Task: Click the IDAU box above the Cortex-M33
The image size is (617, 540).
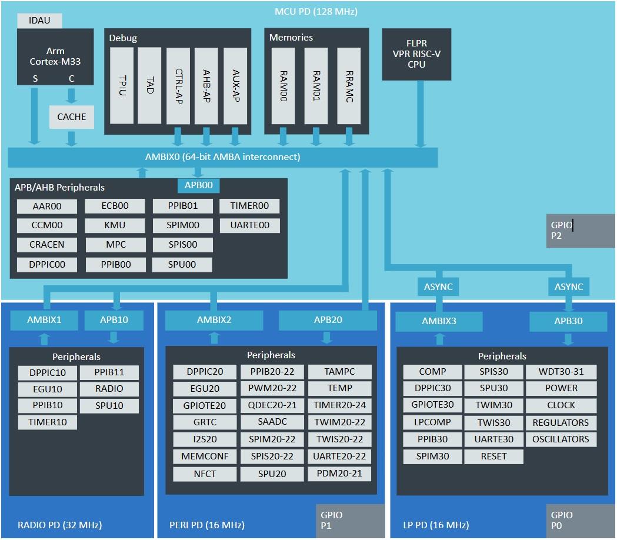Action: tap(39, 21)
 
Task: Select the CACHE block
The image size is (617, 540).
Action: tap(71, 117)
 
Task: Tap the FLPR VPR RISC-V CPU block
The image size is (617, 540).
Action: tap(416, 54)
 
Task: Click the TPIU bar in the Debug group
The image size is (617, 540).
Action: tap(122, 85)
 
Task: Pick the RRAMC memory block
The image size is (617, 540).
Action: tap(349, 85)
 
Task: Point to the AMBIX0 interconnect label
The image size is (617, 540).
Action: tap(222, 157)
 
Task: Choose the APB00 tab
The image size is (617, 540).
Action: tap(199, 186)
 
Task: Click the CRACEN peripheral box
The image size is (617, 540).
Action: tap(47, 244)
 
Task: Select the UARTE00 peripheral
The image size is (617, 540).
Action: tap(249, 225)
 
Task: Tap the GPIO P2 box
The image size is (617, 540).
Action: tap(581, 231)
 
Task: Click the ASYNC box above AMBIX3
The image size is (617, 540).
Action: tap(438, 287)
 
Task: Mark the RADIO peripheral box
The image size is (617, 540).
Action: tap(109, 389)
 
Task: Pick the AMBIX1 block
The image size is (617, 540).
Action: tap(44, 321)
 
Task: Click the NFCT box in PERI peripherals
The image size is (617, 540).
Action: tap(205, 474)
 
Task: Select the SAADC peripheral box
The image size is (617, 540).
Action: tap(272, 422)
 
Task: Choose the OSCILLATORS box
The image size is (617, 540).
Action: tap(561, 439)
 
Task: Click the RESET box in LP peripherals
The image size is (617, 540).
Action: tap(493, 456)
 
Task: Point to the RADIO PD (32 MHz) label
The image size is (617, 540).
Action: tap(59, 525)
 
